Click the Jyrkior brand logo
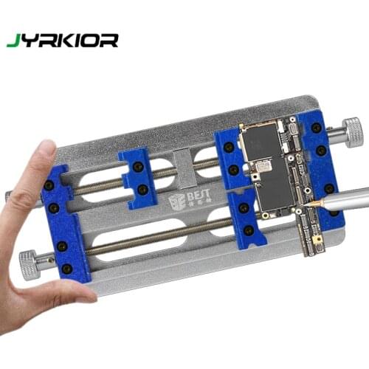[x=62, y=40]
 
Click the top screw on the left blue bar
[x=49, y=184]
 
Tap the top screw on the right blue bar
[x=316, y=128]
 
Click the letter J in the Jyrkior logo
[x=11, y=41]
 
